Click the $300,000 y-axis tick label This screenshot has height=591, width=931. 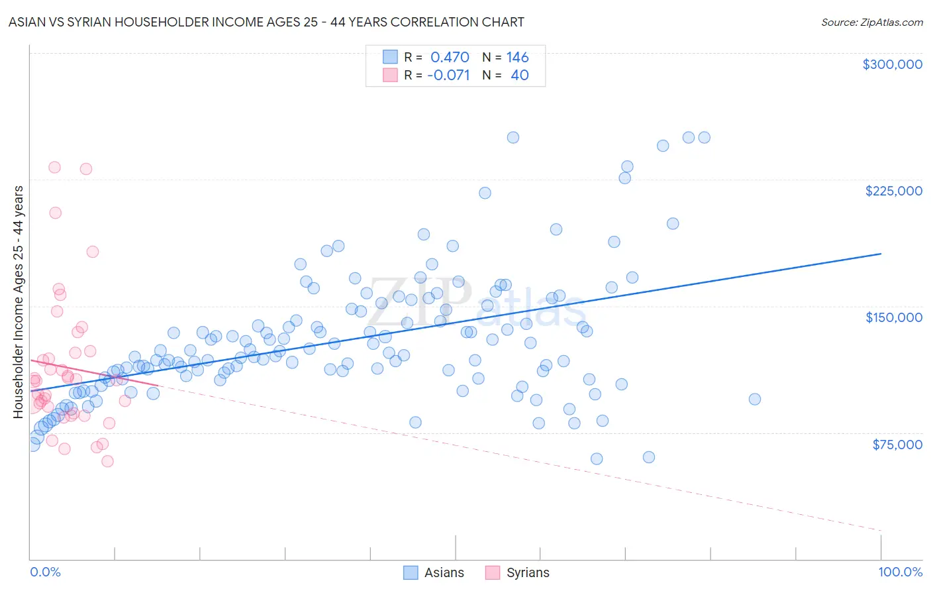[892, 64]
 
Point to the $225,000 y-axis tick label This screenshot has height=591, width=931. [893, 191]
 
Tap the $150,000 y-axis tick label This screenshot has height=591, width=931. [893, 317]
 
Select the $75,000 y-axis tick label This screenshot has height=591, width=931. [897, 445]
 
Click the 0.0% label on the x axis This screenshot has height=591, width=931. [45, 572]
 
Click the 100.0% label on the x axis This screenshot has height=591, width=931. [900, 572]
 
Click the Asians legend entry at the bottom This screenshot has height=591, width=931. [444, 573]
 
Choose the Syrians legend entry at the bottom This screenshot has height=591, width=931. [527, 573]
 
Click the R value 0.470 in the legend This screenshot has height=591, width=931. [450, 58]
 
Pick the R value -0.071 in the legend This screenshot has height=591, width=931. [448, 76]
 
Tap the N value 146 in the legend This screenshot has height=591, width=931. [517, 58]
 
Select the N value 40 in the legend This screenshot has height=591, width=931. [519, 76]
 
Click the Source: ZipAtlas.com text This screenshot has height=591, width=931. [871, 23]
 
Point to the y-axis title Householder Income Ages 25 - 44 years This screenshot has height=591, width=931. [18, 302]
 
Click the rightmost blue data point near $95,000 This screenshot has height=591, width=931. [754, 399]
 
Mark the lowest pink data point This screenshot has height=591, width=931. [107, 461]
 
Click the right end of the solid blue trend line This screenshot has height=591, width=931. [881, 254]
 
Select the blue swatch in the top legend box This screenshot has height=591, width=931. [390, 57]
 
